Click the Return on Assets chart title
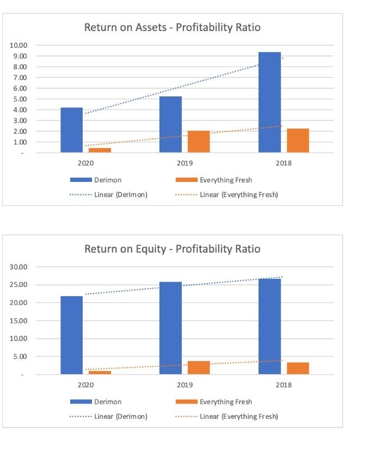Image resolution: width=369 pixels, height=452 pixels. tap(173, 27)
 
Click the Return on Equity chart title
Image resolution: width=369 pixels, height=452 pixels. tap(173, 249)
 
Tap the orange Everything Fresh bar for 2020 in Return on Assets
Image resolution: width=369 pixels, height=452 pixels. tap(100, 150)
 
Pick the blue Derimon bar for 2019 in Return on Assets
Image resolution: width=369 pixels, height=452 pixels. tap(170, 124)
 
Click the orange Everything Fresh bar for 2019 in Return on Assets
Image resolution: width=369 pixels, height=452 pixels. tap(199, 142)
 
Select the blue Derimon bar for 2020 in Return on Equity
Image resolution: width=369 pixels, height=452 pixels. tap(71, 335)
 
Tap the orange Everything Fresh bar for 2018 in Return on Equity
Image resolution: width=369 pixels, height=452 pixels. tap(298, 368)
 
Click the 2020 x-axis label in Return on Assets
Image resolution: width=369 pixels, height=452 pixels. tap(85, 163)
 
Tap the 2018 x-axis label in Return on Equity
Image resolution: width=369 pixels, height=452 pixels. tap(284, 385)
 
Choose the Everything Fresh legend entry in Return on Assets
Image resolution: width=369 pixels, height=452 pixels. tap(226, 180)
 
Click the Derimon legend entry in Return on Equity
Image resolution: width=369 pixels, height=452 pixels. tap(108, 401)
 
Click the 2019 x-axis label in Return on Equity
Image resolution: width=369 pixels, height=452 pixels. tap(184, 385)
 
